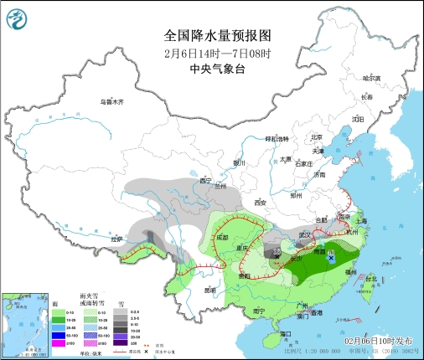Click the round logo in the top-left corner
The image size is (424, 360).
[x=16, y=15]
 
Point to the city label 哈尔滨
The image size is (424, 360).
[x=371, y=78]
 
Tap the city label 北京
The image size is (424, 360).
[x=317, y=137]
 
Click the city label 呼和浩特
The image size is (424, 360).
[x=277, y=138]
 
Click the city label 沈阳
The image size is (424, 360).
[x=359, y=118]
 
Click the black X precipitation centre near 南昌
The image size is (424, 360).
[x=332, y=260]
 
